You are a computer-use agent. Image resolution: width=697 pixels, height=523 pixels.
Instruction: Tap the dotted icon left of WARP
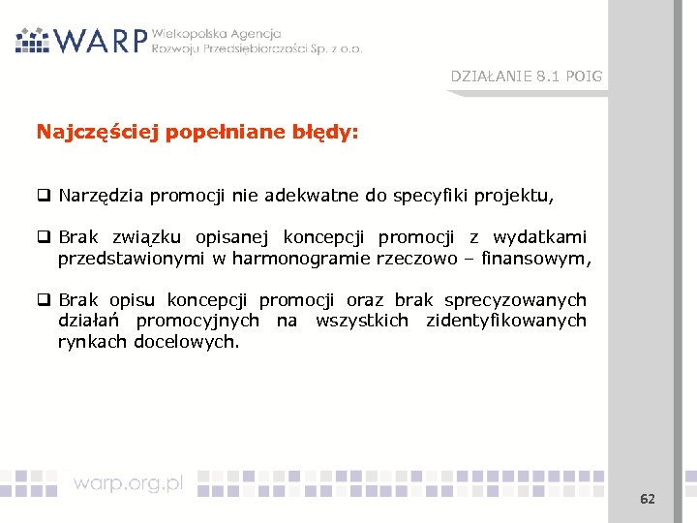click(x=32, y=40)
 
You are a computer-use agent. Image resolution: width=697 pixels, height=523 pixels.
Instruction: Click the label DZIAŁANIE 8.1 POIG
click(x=526, y=77)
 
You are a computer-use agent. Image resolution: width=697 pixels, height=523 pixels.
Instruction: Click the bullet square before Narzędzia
click(x=44, y=197)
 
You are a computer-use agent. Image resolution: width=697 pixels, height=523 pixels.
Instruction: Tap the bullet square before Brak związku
click(x=44, y=238)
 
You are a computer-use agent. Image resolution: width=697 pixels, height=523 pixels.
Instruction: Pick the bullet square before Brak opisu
click(x=44, y=301)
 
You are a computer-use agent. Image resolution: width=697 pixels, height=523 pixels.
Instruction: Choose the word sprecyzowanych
click(x=515, y=301)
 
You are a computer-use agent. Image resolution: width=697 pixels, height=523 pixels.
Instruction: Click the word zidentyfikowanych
click(x=506, y=321)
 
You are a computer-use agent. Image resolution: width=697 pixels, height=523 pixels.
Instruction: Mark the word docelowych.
click(x=186, y=341)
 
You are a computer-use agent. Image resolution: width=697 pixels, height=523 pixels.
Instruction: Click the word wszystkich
click(x=362, y=321)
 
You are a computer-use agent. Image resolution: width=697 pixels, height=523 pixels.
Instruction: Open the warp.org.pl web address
click(x=128, y=483)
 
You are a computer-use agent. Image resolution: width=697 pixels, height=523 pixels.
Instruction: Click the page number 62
click(x=648, y=499)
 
